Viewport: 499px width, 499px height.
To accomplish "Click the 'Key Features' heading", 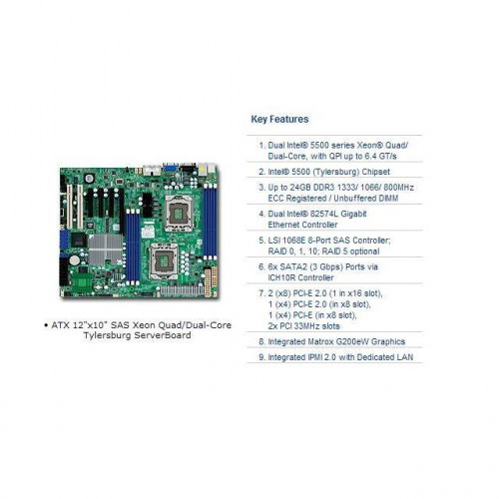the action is tap(279, 119).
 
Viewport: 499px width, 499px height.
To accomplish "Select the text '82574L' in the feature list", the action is tap(322, 214).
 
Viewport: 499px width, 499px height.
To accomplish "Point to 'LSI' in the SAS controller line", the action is tap(274, 241).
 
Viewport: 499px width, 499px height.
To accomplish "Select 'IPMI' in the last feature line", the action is tap(304, 357).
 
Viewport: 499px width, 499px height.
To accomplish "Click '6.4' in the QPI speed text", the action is tap(371, 156).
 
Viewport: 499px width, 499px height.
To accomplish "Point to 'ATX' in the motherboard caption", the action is tap(59, 325).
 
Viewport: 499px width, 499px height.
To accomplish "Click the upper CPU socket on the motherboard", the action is tap(179, 214).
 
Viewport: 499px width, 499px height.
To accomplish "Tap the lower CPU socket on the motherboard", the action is tap(164, 260).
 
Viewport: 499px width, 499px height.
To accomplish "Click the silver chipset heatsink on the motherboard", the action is tap(106, 249).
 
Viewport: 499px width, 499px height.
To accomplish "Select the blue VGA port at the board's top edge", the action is tap(171, 168).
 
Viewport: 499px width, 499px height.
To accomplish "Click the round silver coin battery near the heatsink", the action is tap(75, 260).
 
